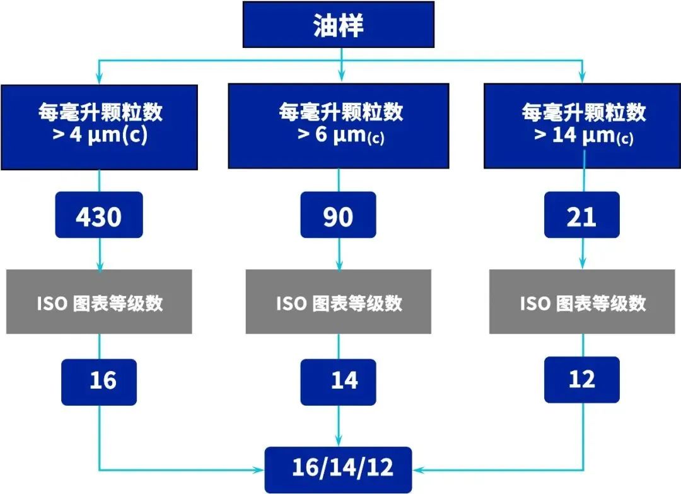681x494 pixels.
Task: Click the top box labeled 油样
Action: tap(339, 25)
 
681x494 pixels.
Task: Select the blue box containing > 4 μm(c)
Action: tap(99, 126)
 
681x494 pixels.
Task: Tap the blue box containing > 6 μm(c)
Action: tap(339, 126)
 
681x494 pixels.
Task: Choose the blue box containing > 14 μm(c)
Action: tap(582, 126)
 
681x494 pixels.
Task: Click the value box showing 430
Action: tap(99, 216)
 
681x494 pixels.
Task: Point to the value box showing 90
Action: tap(338, 216)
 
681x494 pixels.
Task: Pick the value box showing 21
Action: tap(581, 216)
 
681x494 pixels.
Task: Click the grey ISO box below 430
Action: tap(99, 302)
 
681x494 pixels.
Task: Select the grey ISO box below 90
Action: tap(339, 302)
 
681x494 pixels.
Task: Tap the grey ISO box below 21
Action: tap(582, 302)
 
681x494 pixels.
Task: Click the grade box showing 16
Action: tap(99, 381)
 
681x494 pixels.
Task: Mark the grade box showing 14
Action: tap(339, 381)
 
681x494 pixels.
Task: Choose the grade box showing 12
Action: tap(581, 379)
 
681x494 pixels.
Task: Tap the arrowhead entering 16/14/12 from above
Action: tap(339, 442)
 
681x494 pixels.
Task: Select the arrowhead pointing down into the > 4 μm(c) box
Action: tap(99, 79)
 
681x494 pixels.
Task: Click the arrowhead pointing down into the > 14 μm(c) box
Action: tap(582, 79)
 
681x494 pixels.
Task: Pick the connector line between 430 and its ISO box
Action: tap(99, 252)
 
